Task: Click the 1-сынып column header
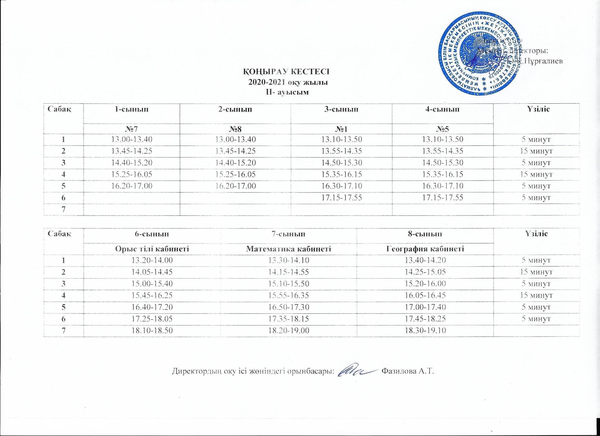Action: pyautogui.click(x=131, y=109)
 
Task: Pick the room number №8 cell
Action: pyautogui.click(x=235, y=129)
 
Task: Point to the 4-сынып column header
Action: pyautogui.click(x=443, y=109)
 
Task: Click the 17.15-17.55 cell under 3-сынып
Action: pyautogui.click(x=342, y=197)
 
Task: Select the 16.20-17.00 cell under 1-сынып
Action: pyautogui.click(x=131, y=186)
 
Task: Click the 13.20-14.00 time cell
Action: pyautogui.click(x=152, y=260)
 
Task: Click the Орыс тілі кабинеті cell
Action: pyautogui.click(x=152, y=249)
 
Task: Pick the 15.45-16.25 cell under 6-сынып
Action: pyautogui.click(x=152, y=295)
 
